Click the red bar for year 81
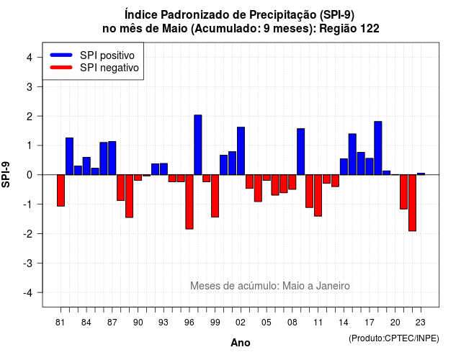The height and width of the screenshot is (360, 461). click(x=61, y=190)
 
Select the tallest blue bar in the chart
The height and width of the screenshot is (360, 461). click(x=198, y=145)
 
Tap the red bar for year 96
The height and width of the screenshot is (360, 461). click(x=189, y=202)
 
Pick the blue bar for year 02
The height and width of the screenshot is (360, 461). click(x=241, y=151)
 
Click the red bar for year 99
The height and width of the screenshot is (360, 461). click(x=215, y=196)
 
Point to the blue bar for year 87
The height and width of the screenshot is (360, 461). click(x=112, y=158)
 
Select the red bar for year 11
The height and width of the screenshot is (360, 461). click(x=318, y=195)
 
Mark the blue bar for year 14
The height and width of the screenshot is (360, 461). click(x=344, y=166)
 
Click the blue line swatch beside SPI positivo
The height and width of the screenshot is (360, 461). click(x=61, y=55)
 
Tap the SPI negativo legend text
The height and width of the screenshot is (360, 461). click(x=109, y=68)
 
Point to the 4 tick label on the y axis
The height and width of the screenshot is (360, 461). click(x=30, y=58)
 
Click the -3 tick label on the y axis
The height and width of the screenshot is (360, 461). click(x=28, y=264)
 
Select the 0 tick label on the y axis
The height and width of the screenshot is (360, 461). click(x=30, y=175)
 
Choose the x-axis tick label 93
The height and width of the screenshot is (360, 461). click(x=164, y=323)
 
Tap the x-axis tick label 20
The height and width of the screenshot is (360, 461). click(x=395, y=323)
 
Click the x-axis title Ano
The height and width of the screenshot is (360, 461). click(x=241, y=343)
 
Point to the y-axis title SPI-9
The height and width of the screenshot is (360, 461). click(x=6, y=174)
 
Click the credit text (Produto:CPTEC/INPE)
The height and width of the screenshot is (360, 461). click(x=394, y=338)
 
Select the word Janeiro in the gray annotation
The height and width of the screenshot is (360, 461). click(x=333, y=286)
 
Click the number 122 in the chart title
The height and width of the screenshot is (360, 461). click(x=370, y=29)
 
